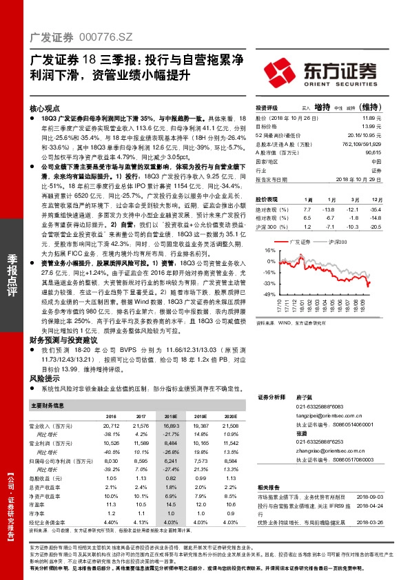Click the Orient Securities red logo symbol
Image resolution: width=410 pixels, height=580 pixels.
pos(283,71)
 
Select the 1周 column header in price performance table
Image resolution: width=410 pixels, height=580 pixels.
pos(307,198)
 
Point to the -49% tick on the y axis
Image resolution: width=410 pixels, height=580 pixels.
pos(269,294)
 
